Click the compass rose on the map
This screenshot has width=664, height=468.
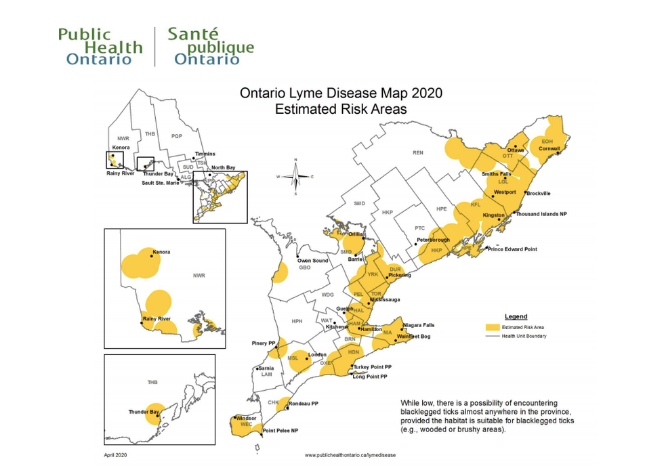(295, 176)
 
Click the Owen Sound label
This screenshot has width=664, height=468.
(312, 261)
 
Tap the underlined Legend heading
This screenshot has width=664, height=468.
(516, 316)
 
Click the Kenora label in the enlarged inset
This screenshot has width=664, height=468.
(161, 252)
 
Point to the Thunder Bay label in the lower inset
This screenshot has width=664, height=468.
(144, 411)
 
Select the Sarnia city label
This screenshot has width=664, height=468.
(266, 368)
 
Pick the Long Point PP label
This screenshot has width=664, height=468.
(370, 377)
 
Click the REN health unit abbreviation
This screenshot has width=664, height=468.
(418, 153)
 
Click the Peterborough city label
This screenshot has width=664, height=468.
(433, 240)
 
